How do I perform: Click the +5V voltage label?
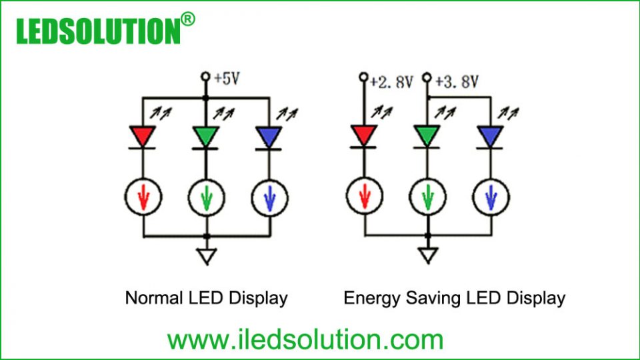tap(227, 79)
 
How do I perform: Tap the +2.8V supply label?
tap(391, 82)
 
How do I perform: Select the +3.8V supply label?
tap(457, 82)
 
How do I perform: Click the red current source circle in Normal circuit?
tap(143, 197)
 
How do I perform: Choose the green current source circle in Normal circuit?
tap(206, 197)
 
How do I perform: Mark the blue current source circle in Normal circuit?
tap(269, 197)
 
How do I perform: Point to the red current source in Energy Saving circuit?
tap(364, 197)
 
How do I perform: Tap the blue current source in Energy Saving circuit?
tap(491, 197)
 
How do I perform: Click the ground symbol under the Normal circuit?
tap(207, 256)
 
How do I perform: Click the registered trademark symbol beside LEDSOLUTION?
tap(188, 19)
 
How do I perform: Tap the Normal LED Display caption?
tap(206, 297)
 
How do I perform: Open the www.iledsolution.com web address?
tap(305, 339)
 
